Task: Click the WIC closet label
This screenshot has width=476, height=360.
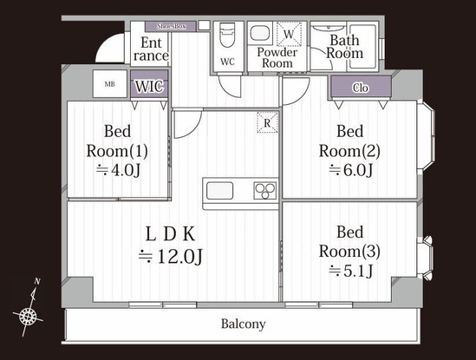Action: (x=147, y=87)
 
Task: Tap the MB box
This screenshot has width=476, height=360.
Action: (x=109, y=84)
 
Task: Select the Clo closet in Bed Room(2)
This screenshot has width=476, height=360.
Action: (x=360, y=88)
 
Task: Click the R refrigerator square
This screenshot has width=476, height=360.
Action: (x=267, y=123)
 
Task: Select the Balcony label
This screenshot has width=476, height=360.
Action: (x=242, y=324)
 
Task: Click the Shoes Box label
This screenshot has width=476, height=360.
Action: (x=171, y=27)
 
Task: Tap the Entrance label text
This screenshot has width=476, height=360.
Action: (x=150, y=49)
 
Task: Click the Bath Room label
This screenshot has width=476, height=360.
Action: (x=344, y=46)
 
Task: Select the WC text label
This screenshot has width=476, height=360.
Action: (x=227, y=62)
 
